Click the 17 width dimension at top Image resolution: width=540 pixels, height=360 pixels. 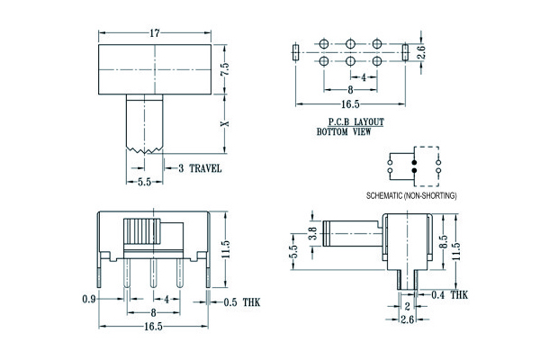155,34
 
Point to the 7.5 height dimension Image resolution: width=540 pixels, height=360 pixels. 227,70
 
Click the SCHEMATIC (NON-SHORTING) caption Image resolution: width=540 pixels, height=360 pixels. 411,195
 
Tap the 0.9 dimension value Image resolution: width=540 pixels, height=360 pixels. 89,298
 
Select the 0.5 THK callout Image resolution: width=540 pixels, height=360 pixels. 240,302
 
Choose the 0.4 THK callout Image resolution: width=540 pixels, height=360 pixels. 450,294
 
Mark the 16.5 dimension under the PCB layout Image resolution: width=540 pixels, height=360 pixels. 348,104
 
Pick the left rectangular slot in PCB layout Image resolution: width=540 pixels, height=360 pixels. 293,52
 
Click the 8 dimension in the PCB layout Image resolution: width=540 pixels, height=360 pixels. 348,91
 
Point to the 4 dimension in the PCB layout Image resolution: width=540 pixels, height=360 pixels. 362,77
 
